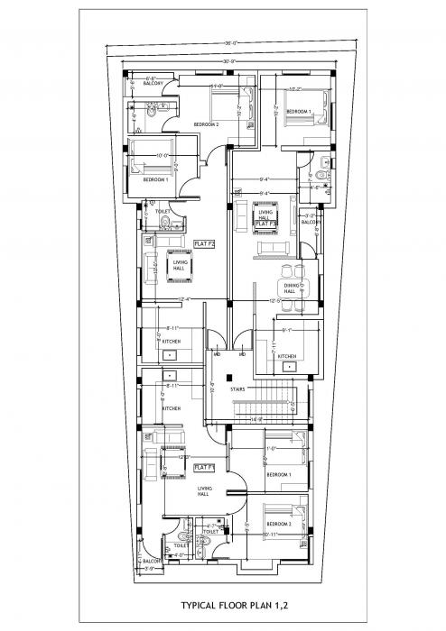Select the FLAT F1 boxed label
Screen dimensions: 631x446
click(203, 467)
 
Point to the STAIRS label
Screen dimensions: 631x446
click(238, 389)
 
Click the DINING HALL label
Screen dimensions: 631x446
click(289, 288)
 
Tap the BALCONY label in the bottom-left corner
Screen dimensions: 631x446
click(153, 561)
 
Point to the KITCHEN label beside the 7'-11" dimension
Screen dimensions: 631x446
click(286, 356)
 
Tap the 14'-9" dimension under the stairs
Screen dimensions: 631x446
click(256, 419)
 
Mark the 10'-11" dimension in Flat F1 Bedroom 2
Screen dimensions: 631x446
click(273, 535)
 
